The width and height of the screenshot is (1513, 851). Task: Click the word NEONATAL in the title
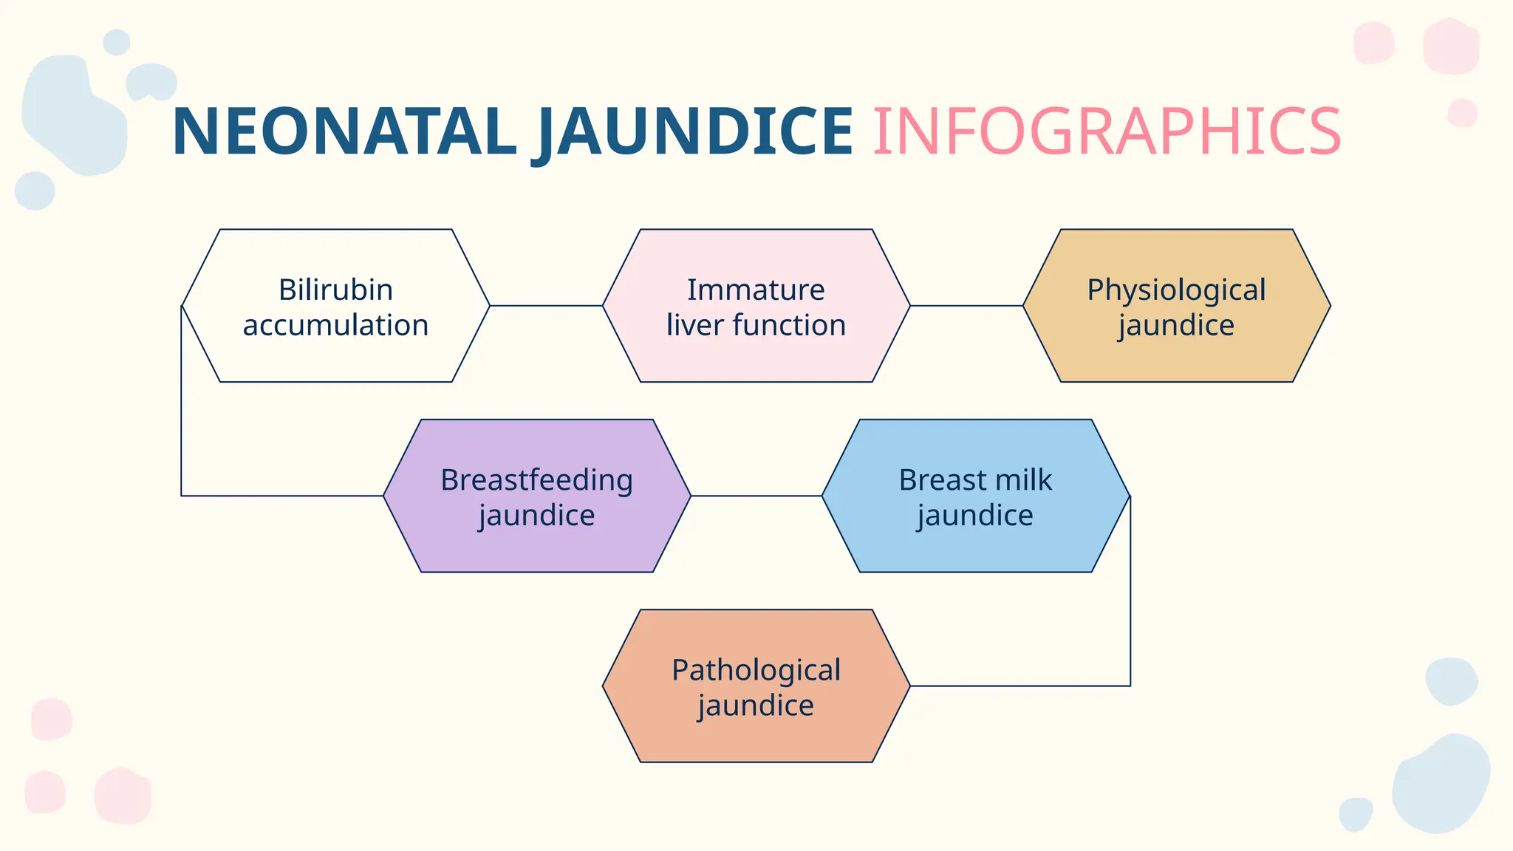pyautogui.click(x=344, y=131)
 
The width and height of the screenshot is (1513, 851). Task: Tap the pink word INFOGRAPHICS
pyautogui.click(x=1106, y=131)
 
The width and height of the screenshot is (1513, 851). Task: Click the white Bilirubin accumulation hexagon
pyautogui.click(x=335, y=355)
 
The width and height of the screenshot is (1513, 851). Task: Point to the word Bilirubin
pyautogui.click(x=335, y=290)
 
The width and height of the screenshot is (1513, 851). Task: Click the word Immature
pyautogui.click(x=756, y=290)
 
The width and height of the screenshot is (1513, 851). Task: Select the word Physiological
pyautogui.click(x=1176, y=290)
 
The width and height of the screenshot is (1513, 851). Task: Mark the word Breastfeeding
pyautogui.click(x=536, y=480)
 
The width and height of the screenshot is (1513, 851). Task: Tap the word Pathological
pyautogui.click(x=756, y=670)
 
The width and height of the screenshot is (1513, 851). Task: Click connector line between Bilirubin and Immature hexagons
pyautogui.click(x=546, y=306)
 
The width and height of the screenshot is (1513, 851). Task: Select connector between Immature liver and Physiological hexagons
pyautogui.click(x=966, y=306)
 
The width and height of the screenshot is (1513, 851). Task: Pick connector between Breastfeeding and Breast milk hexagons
pyautogui.click(x=756, y=496)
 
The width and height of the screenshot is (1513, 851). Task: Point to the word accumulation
pyautogui.click(x=335, y=325)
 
